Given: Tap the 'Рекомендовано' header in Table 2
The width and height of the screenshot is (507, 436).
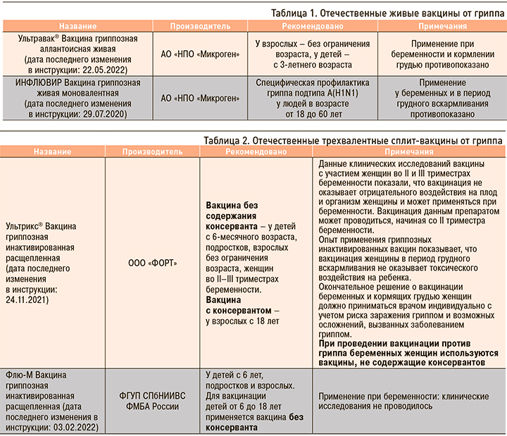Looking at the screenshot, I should [255, 152].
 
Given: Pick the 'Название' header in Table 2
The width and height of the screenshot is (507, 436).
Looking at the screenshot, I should [51, 152].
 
